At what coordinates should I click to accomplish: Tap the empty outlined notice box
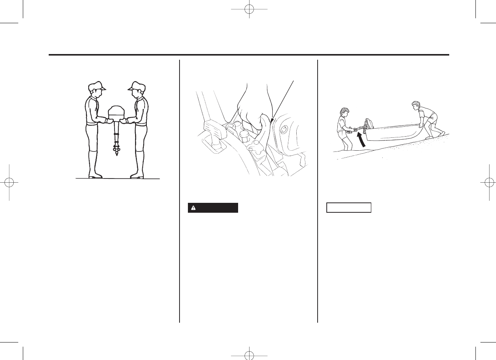coord(348,208)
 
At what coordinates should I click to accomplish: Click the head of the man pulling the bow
coord(416,105)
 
